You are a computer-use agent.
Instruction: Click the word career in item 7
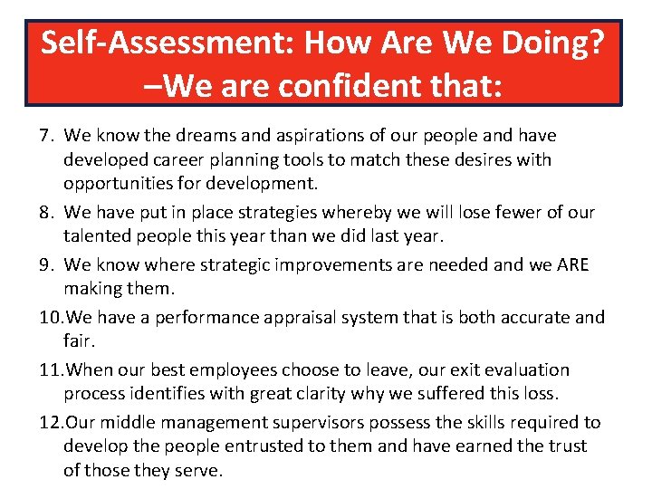click(x=176, y=159)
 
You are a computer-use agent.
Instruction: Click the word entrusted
click(x=263, y=446)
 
